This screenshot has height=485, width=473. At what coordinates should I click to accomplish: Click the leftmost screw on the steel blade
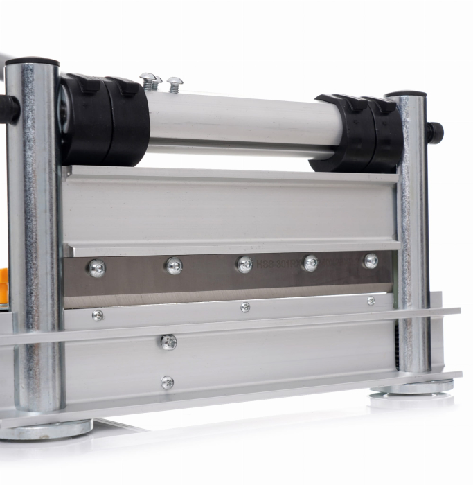96,268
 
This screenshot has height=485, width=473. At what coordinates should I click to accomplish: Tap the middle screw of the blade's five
244,264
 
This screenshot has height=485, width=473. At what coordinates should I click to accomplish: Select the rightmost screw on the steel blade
371,261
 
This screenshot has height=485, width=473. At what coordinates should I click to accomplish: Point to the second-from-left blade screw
174,265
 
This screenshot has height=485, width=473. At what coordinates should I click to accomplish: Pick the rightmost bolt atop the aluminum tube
175,85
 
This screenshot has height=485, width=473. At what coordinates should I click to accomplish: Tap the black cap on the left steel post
32,62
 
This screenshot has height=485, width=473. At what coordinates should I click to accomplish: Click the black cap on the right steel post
406,94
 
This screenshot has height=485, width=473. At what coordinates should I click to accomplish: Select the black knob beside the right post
434,132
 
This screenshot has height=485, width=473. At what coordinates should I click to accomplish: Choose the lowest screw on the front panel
167,382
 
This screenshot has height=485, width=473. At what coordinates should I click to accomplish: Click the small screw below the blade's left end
98,315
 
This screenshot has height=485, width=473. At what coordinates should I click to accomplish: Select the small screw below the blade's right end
371,301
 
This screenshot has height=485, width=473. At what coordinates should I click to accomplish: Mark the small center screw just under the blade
245,307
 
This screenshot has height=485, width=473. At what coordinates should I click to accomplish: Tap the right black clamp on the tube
357,133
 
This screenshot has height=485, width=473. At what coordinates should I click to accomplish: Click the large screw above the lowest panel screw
168,342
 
